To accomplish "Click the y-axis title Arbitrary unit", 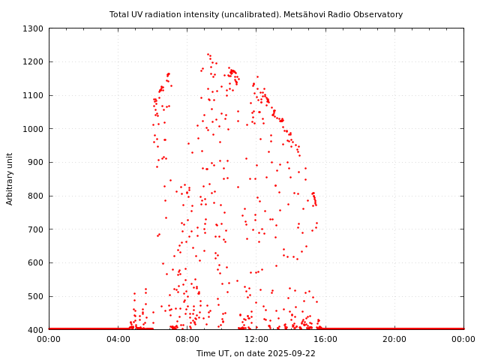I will pyautogui.click(x=10, y=178).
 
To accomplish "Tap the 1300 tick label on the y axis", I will pyautogui.click(x=33, y=28).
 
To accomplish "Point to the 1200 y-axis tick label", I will pyautogui.click(x=33, y=62).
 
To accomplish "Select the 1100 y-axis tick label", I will pyautogui.click(x=33, y=95).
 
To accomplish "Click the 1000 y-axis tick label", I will pyautogui.click(x=33, y=129).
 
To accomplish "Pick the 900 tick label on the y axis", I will pyautogui.click(x=35, y=162).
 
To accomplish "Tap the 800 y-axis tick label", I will pyautogui.click(x=35, y=196).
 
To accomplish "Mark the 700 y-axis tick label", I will pyautogui.click(x=35, y=229).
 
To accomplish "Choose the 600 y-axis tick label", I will pyautogui.click(x=35, y=262).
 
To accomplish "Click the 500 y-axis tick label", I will pyautogui.click(x=35, y=296).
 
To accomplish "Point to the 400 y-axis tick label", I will pyautogui.click(x=35, y=330).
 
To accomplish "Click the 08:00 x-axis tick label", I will pyautogui.click(x=187, y=340).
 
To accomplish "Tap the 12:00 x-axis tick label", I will pyautogui.click(x=256, y=340).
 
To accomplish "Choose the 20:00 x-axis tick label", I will pyautogui.click(x=394, y=340).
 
